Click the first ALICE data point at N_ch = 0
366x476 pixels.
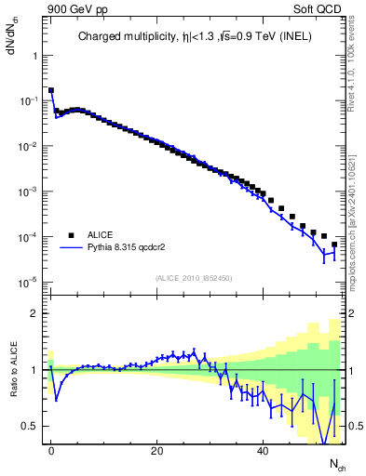point(51,91)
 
